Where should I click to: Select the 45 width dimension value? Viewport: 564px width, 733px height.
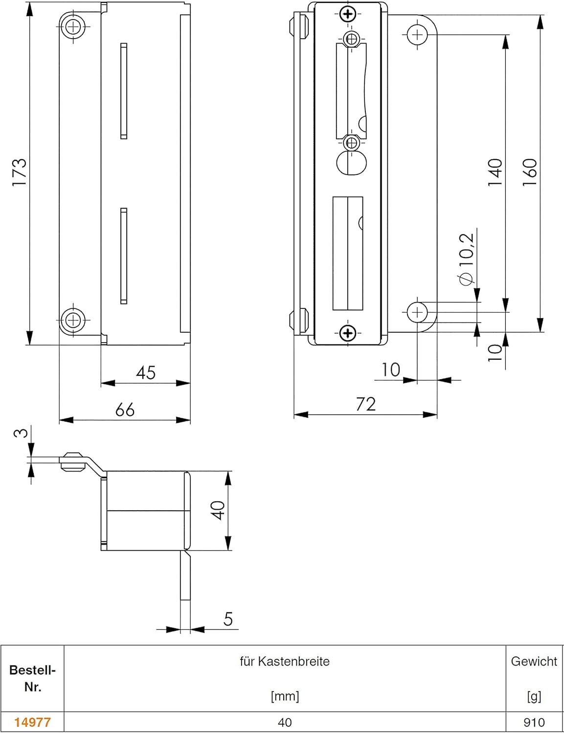146,373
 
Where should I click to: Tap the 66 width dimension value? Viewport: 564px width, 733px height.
125,410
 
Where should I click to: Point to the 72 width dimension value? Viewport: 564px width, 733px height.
365,405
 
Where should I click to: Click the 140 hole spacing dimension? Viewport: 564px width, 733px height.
495,172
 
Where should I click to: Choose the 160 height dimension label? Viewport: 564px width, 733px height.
530,172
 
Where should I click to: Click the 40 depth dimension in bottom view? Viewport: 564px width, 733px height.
219,511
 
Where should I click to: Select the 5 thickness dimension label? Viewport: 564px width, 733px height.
228,620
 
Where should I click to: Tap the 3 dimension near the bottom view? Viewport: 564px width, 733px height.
20,433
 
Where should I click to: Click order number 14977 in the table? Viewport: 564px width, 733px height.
32,722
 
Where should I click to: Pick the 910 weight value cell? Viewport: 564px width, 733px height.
534,722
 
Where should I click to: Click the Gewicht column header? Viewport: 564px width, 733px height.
534,662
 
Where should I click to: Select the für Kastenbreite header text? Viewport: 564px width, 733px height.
285,662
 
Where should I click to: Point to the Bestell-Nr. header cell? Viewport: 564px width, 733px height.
32,678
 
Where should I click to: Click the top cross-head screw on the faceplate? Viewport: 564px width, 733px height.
348,14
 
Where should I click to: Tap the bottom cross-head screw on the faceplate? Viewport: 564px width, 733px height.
348,334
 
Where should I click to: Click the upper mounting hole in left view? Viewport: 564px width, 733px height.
73,26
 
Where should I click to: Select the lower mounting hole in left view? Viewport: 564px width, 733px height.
73,321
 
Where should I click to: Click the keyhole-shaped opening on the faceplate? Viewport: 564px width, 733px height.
352,162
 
